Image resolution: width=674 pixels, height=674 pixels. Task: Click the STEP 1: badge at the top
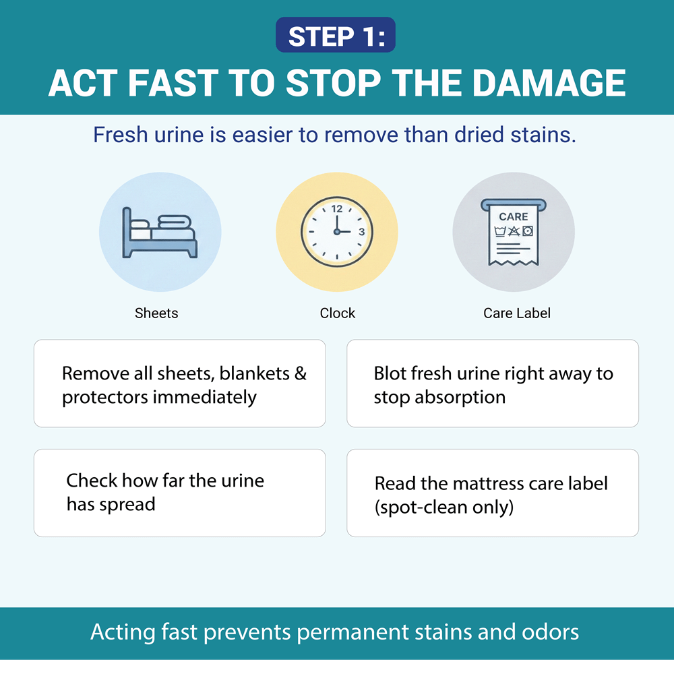tap(336, 36)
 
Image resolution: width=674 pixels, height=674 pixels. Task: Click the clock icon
tap(336, 231)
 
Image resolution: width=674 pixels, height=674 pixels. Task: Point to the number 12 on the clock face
tap(336, 209)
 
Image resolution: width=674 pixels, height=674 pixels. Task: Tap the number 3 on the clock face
tap(361, 232)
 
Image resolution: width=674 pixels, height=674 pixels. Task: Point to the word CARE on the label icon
tap(514, 216)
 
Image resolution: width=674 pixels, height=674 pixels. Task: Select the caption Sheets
tap(156, 313)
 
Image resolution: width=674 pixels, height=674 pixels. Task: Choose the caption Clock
tap(337, 313)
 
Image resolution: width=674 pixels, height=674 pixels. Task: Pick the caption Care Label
tap(517, 313)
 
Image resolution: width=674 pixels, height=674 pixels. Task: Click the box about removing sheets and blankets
tap(179, 384)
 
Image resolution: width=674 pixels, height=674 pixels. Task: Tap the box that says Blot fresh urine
tap(493, 384)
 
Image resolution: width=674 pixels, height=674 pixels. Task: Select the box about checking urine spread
tap(179, 493)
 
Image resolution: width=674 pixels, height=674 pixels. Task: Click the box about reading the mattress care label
tap(493, 493)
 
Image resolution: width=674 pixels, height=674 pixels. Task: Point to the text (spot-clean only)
tap(444, 506)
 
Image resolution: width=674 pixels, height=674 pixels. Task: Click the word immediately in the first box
tap(204, 397)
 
